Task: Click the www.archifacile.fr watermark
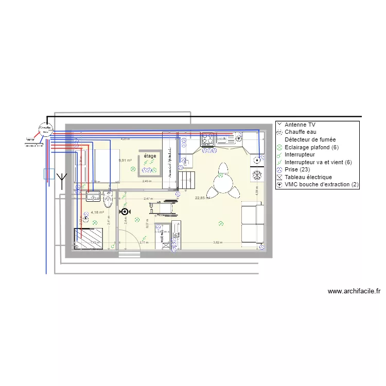354,291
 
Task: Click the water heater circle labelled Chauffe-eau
45,130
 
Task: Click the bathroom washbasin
93,196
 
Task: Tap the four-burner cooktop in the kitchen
207,139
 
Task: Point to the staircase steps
188,180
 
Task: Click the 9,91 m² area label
125,160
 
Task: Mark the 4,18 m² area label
98,212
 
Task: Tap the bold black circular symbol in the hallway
124,212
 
